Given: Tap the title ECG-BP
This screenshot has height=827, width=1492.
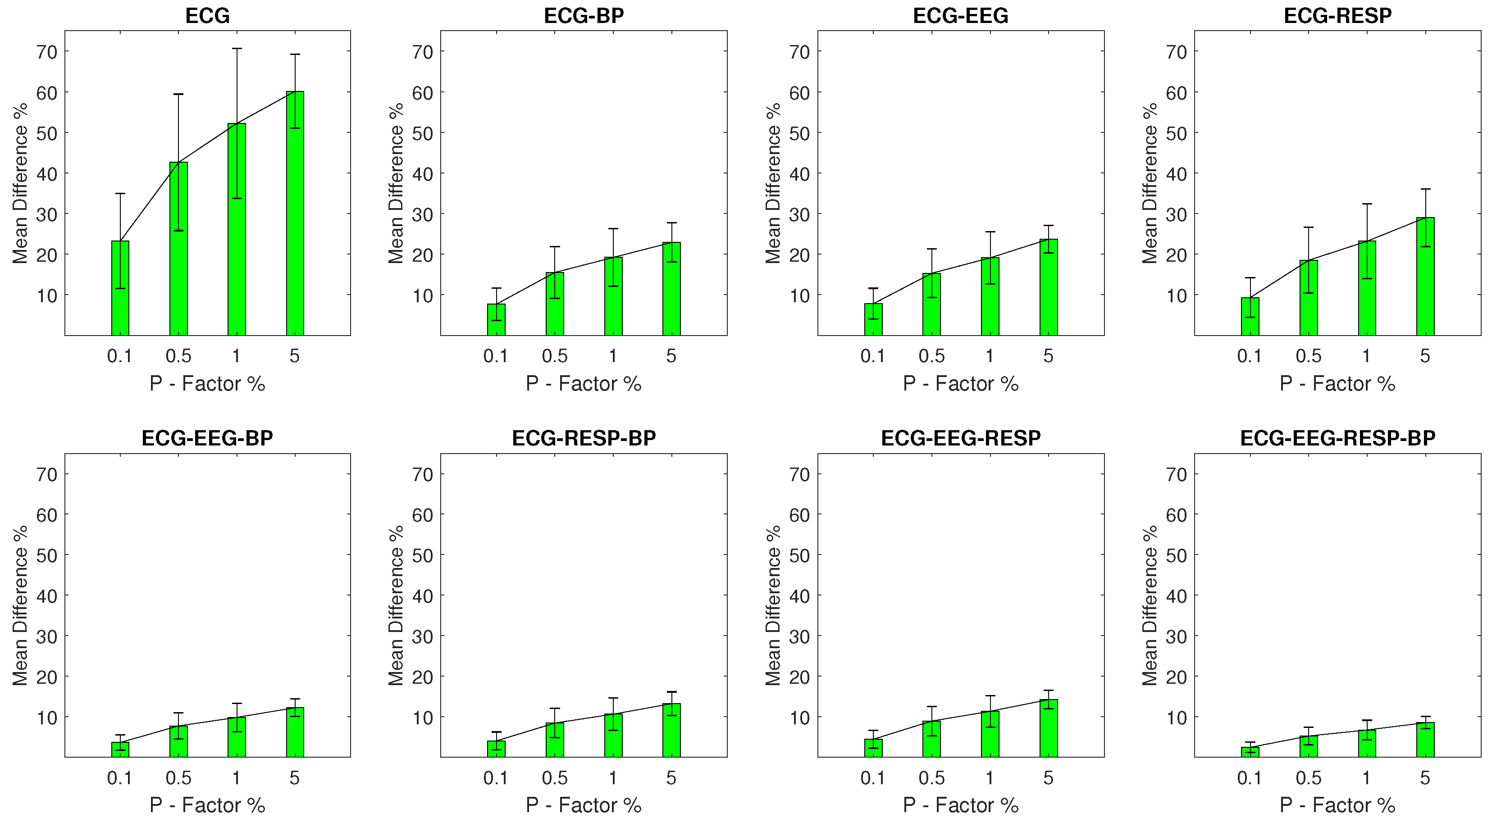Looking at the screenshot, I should [584, 16].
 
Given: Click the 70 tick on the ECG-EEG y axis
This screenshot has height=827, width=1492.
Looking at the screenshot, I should [799, 52].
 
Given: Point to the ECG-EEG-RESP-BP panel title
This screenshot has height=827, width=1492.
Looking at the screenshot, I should [1337, 438].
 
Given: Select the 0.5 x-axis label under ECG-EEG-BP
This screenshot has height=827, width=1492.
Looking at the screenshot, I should [178, 778].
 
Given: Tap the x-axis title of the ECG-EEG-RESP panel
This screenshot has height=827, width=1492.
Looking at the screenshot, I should [960, 805].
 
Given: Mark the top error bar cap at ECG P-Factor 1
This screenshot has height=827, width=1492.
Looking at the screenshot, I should [236, 49].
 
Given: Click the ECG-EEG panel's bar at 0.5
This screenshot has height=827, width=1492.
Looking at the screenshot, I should [931, 304].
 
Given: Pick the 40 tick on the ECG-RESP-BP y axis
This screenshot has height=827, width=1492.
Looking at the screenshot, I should [423, 595].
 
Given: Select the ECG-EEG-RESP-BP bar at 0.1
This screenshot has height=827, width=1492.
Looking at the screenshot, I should [1250, 752].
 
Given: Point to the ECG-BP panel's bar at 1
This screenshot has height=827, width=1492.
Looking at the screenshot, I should [613, 296].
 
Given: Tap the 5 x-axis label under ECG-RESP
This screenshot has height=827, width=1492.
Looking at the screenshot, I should [1425, 355].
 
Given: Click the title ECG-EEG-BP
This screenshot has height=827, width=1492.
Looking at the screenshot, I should [207, 438].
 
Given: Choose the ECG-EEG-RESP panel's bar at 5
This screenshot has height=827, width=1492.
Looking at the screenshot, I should [1048, 728].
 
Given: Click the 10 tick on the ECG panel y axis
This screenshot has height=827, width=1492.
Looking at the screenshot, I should [47, 295].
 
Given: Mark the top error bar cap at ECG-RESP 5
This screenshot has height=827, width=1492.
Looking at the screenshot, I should [1425, 189].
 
